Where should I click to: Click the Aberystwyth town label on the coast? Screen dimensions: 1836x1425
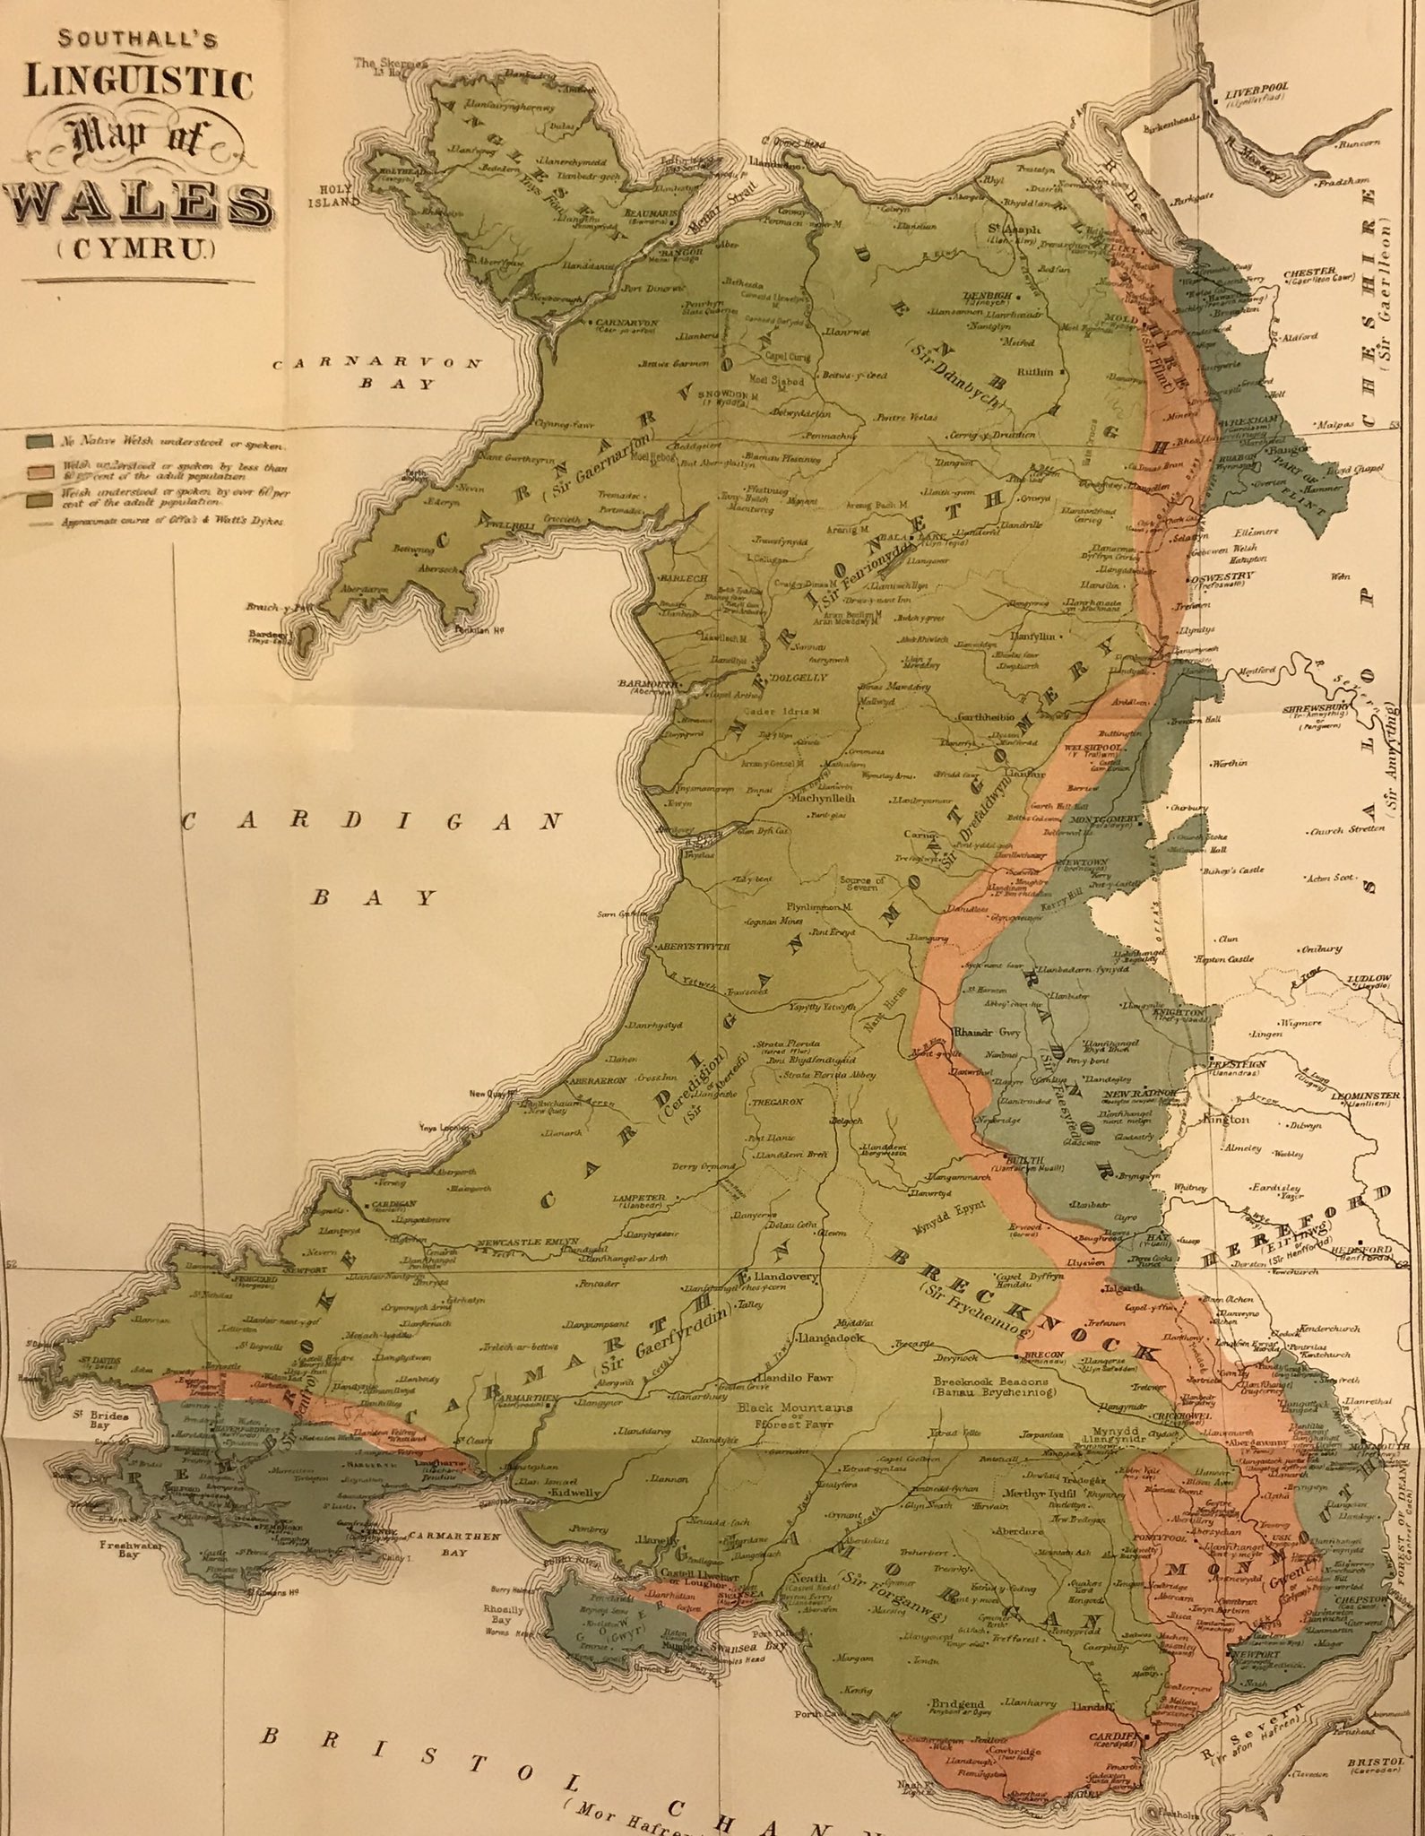[x=695, y=947]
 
